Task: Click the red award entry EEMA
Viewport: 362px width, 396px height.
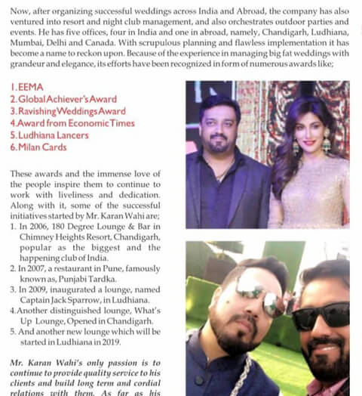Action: (29, 88)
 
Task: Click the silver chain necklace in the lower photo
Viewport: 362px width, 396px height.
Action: (245, 370)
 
